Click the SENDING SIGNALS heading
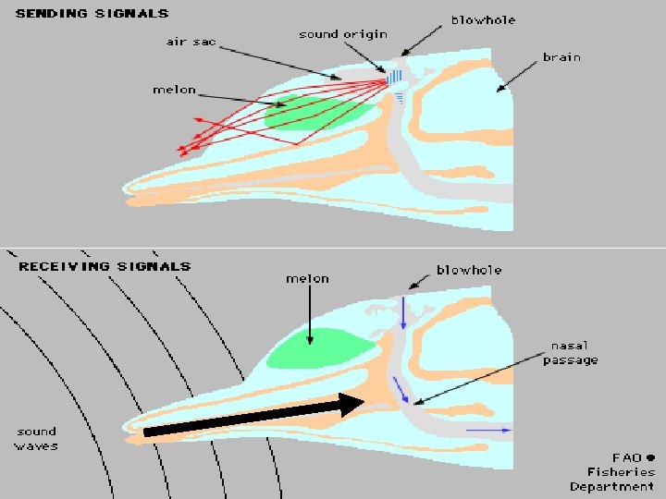tap(92, 13)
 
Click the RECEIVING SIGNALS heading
tap(105, 266)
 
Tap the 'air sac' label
tap(190, 42)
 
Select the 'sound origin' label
tap(342, 34)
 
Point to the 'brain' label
tap(561, 56)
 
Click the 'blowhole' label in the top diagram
tap(483, 19)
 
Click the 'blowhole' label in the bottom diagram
tap(469, 270)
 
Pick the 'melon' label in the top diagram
tap(174, 89)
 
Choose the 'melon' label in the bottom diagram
tap(307, 278)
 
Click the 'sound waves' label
tap(37, 438)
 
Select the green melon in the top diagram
tap(314, 114)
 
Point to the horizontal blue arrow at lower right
tap(487, 431)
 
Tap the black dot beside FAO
tap(650, 456)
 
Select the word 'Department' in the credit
tap(612, 486)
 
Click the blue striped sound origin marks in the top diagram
tap(395, 77)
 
